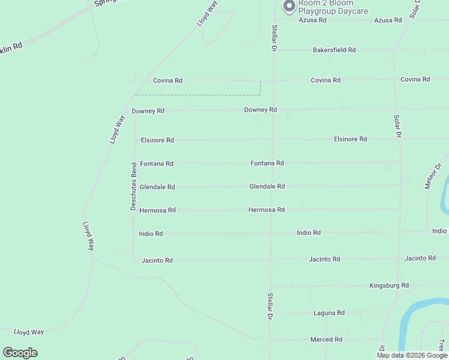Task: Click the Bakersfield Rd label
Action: click(334, 50)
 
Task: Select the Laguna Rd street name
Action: click(329, 313)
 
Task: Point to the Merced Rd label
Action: click(326, 340)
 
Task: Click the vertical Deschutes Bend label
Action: click(134, 186)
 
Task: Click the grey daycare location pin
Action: click(289, 7)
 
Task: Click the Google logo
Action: click(20, 353)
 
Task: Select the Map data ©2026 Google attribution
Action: click(412, 355)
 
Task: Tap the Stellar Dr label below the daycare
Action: click(274, 37)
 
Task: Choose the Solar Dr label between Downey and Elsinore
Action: click(397, 126)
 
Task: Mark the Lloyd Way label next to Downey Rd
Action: click(116, 129)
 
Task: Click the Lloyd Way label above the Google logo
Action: click(29, 332)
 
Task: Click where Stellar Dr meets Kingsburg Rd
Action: click(271, 286)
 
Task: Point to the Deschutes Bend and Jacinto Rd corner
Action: click(134, 260)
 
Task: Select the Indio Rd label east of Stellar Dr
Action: click(309, 233)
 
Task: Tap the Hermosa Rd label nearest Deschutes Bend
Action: click(157, 211)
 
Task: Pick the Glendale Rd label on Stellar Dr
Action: click(267, 187)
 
